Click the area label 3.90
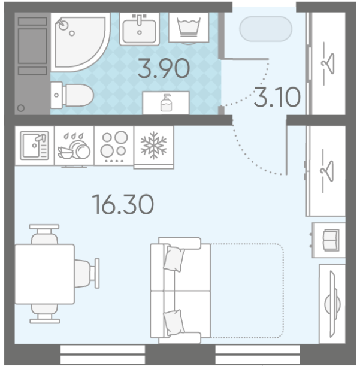[164, 68]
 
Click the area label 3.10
[277, 97]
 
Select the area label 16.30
[123, 204]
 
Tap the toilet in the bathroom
[72, 95]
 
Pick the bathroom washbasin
[140, 29]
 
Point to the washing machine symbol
[189, 28]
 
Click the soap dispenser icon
[166, 102]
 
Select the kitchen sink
[34, 146]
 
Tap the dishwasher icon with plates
[74, 146]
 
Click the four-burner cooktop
[114, 146]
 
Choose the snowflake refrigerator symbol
[153, 146]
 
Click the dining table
[44, 274]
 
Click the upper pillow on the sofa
[174, 259]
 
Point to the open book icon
[331, 240]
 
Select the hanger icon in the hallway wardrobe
[328, 63]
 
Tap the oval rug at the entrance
[266, 29]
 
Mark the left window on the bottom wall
[102, 355]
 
